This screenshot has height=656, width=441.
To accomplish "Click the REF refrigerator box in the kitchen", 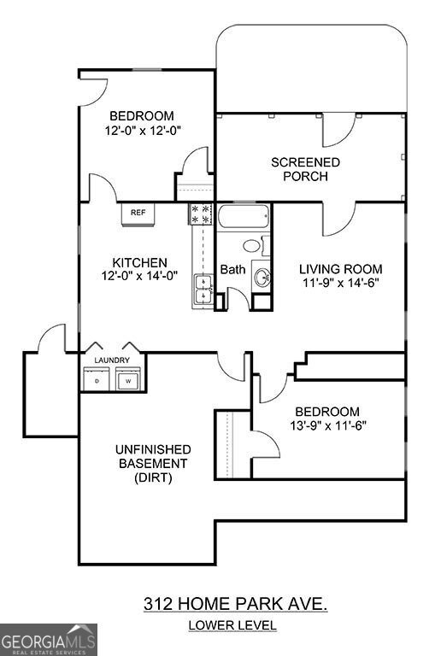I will pyautogui.click(x=137, y=214).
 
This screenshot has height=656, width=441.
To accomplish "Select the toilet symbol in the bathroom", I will pyautogui.click(x=254, y=246).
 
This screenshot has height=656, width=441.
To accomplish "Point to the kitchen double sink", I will pyautogui.click(x=203, y=290).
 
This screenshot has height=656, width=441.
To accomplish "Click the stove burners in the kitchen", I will pyautogui.click(x=201, y=214).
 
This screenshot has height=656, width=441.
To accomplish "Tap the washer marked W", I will pyautogui.click(x=128, y=381).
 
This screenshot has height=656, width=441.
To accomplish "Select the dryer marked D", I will pyautogui.click(x=97, y=381).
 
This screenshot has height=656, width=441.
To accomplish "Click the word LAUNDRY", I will pyautogui.click(x=111, y=360).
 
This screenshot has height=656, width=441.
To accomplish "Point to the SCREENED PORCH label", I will pyautogui.click(x=305, y=169).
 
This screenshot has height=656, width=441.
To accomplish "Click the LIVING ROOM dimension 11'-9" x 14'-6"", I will pyautogui.click(x=341, y=283).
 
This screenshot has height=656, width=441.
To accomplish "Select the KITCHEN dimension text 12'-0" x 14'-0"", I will pyautogui.click(x=139, y=277).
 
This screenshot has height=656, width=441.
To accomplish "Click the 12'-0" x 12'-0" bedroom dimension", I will pyautogui.click(x=141, y=131).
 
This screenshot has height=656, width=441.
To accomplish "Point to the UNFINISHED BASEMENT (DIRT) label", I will pyautogui.click(x=153, y=463).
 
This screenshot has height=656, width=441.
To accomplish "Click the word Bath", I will pyautogui.click(x=232, y=270).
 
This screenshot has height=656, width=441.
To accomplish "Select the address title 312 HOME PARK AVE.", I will pyautogui.click(x=235, y=604).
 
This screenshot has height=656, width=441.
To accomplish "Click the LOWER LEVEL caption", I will pyautogui.click(x=232, y=625).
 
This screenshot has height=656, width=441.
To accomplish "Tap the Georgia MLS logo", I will pyautogui.click(x=49, y=640).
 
